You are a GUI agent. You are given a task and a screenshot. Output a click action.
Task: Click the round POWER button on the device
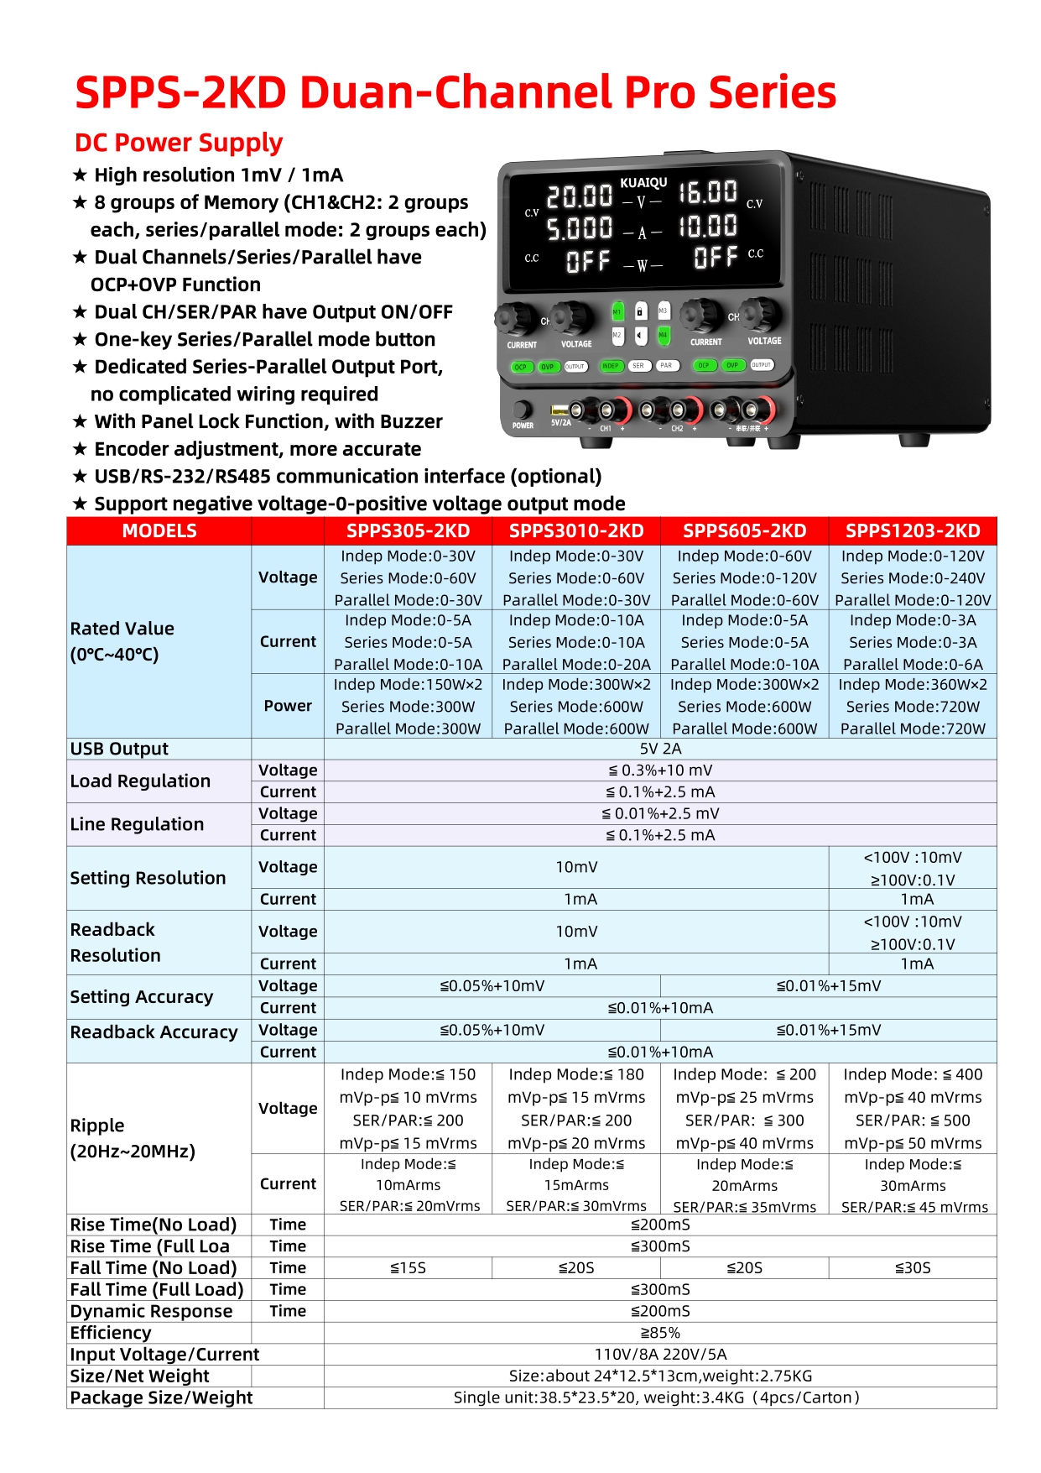click(523, 410)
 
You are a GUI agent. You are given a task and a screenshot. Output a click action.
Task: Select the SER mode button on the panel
click(638, 366)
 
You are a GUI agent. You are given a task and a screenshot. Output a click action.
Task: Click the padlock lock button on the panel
click(640, 311)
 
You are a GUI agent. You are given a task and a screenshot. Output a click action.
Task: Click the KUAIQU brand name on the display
click(643, 182)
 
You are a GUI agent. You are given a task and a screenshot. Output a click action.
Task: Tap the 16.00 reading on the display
click(708, 192)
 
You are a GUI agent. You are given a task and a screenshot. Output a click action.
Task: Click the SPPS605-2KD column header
click(744, 530)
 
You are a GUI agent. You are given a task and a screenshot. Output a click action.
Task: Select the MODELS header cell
click(159, 530)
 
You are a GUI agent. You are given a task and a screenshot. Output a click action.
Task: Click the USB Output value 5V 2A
click(660, 749)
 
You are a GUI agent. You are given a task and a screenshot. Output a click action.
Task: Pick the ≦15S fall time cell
click(408, 1267)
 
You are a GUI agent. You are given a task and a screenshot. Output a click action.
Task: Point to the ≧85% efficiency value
click(660, 1333)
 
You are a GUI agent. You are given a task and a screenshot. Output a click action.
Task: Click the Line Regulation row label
click(137, 824)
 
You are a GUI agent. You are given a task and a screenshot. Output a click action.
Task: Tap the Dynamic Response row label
click(151, 1311)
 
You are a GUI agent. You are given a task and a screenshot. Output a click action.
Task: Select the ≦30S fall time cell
click(913, 1267)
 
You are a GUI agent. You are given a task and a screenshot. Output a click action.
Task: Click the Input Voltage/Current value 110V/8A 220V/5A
click(660, 1354)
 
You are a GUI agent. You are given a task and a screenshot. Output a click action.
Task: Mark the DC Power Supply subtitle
click(179, 143)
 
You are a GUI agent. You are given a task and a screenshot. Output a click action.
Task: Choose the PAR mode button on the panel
click(666, 366)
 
